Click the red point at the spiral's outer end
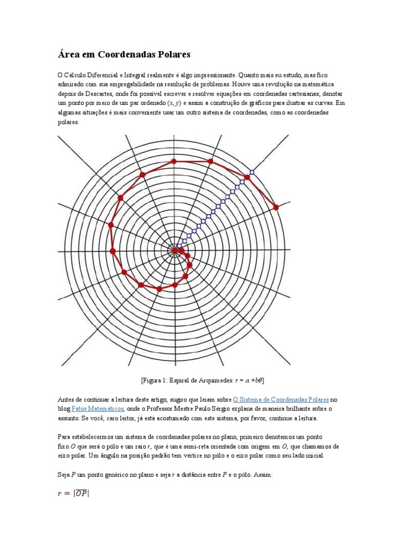point(276,207)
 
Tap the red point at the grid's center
point(175,250)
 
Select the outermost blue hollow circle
point(252,172)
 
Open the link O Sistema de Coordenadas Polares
point(281,399)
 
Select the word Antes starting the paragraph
point(66,399)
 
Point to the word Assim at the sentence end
point(262,475)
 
